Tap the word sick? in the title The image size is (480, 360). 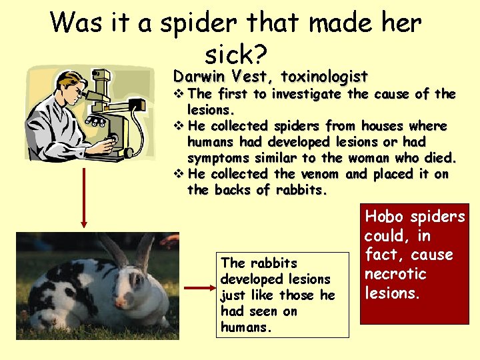(233, 52)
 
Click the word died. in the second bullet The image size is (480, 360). (441, 158)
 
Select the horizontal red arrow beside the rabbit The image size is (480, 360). (197, 288)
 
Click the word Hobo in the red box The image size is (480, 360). (385, 217)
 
